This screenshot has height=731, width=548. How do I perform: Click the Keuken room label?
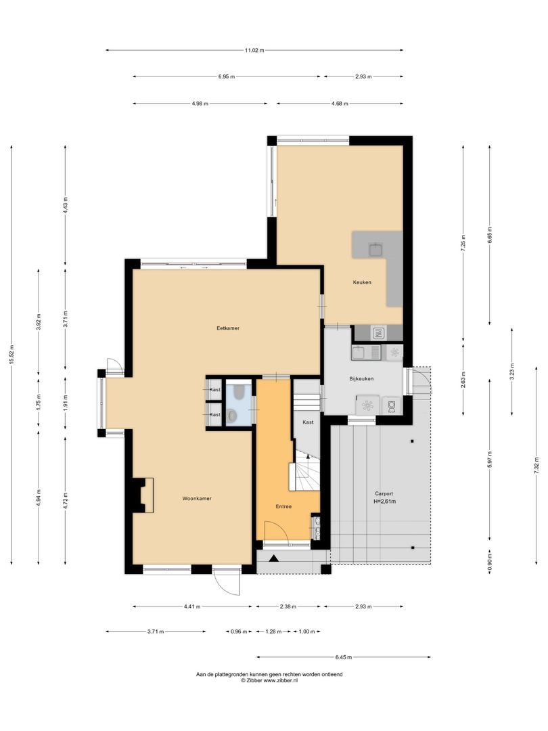tap(362, 282)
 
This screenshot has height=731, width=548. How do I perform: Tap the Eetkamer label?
tap(228, 328)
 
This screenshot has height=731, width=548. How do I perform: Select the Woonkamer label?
tap(197, 498)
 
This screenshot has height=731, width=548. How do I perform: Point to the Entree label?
tap(283, 506)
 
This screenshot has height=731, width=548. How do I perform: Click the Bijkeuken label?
tap(361, 378)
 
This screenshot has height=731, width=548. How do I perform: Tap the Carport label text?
tap(384, 493)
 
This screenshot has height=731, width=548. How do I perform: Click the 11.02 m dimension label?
tap(254, 50)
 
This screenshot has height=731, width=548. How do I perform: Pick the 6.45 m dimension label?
tap(343, 657)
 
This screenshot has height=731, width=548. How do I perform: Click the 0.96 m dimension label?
tap(239, 632)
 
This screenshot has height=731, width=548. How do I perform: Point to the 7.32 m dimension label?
tap(537, 465)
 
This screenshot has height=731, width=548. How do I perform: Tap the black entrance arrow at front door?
tap(273, 557)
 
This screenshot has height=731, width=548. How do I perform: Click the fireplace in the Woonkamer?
tap(143, 495)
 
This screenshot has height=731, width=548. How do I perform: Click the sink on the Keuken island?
tap(376, 250)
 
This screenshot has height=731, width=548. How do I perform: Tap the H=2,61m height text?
tap(385, 502)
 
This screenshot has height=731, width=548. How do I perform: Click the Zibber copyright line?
tap(269, 680)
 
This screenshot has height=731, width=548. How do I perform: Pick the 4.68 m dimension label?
tap(340, 104)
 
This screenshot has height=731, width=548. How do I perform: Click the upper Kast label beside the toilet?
tap(215, 389)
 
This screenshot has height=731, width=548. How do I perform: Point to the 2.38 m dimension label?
tap(288, 606)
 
